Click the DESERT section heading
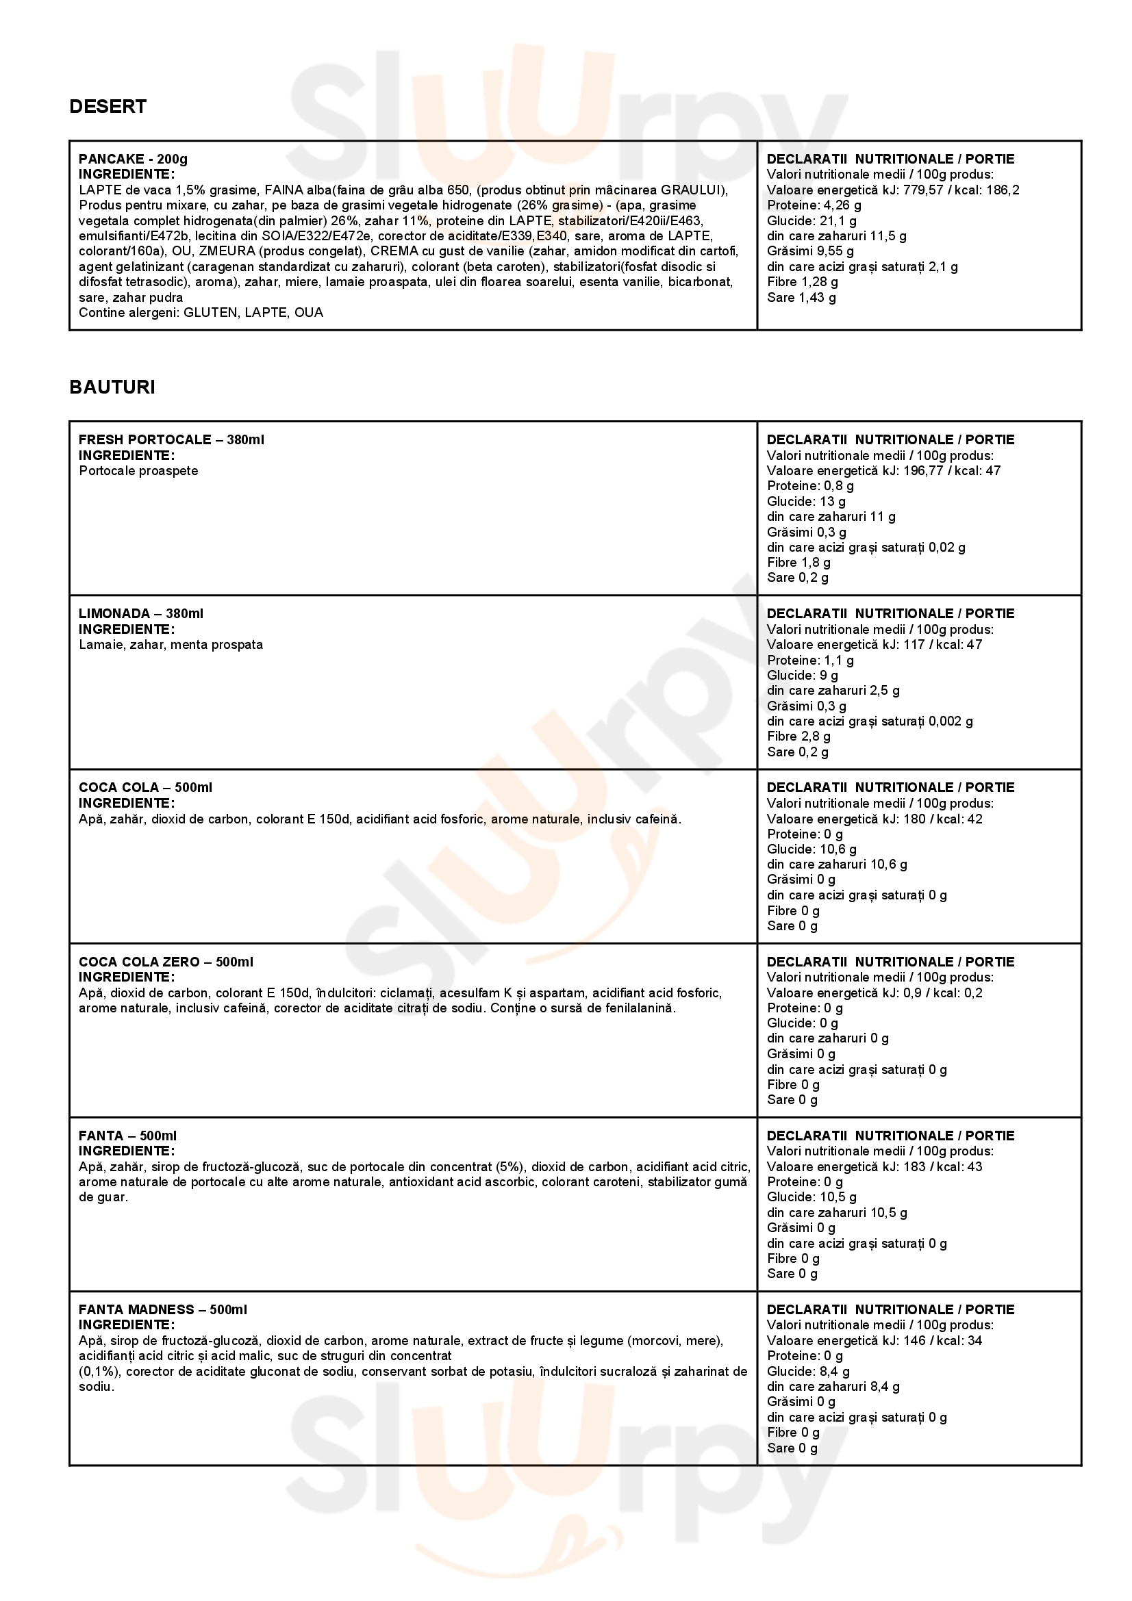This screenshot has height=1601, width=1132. pos(108,107)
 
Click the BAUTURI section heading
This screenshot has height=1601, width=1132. pos(112,387)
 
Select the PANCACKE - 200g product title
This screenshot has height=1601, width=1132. pos(133,159)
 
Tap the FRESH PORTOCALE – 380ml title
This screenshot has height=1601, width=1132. pos(171,440)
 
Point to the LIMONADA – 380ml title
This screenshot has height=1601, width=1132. pos(141,613)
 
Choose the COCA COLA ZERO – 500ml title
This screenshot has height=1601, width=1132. pos(165,962)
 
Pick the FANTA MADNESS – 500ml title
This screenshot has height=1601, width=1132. pos(162,1309)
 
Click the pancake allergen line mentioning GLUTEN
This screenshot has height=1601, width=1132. pos(201,312)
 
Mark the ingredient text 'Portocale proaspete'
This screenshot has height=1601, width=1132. pos(138,471)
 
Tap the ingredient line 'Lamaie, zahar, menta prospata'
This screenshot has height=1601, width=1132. pos(171,644)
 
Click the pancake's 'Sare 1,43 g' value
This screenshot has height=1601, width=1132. pos(801,298)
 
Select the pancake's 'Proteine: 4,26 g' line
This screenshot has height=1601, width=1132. pos(814,205)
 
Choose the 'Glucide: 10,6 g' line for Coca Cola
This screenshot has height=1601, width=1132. pos(811,849)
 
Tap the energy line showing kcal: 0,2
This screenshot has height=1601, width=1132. pos(874,993)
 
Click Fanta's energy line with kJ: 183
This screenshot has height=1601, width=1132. pos(874,1166)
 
